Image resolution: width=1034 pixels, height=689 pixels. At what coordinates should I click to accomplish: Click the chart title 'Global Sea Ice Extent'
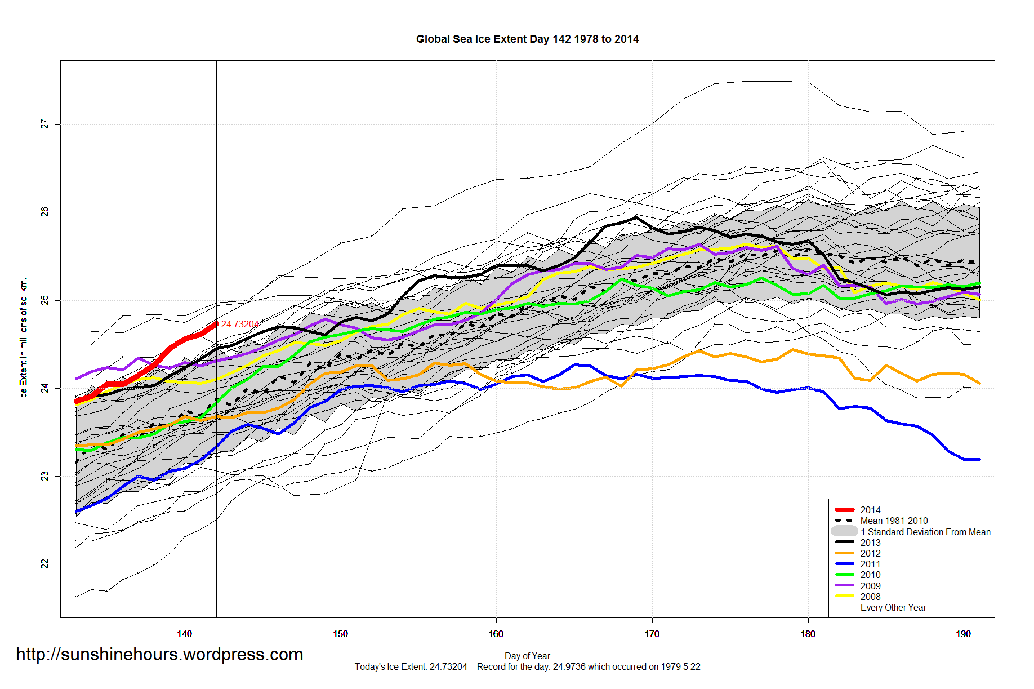pyautogui.click(x=527, y=39)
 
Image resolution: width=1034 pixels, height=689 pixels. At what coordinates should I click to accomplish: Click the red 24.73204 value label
pyautogui.click(x=240, y=324)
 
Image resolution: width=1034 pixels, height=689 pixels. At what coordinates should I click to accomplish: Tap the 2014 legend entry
pyautogui.click(x=870, y=510)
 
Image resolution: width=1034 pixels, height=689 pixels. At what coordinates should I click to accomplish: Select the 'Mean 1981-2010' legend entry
pyautogui.click(x=894, y=521)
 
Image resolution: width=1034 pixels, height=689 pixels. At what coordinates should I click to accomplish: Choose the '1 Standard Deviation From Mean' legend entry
pyautogui.click(x=925, y=532)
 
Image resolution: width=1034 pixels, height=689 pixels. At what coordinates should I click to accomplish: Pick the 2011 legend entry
pyautogui.click(x=870, y=564)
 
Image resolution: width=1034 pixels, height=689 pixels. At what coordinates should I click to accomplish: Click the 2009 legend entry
pyautogui.click(x=870, y=586)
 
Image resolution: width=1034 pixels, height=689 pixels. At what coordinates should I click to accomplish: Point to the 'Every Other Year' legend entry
pyautogui.click(x=893, y=607)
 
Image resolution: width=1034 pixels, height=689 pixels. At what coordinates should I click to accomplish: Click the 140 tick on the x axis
pyautogui.click(x=185, y=634)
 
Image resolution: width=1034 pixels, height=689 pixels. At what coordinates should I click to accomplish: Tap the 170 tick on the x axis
pyautogui.click(x=652, y=634)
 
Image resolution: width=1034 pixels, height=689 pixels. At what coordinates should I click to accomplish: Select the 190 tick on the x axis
pyautogui.click(x=963, y=634)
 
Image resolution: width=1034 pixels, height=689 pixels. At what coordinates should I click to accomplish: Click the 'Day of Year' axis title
pyautogui.click(x=527, y=656)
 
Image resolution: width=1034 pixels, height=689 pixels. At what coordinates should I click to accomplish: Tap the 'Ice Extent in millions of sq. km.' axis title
pyautogui.click(x=24, y=339)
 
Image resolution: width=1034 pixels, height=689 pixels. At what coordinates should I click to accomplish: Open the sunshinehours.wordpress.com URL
pyautogui.click(x=159, y=654)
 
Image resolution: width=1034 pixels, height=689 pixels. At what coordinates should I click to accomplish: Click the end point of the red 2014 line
pyautogui.click(x=216, y=323)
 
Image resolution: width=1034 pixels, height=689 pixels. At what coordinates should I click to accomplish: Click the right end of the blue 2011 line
pyautogui.click(x=979, y=459)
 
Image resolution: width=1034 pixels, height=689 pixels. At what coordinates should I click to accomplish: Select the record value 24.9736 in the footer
pyautogui.click(x=569, y=667)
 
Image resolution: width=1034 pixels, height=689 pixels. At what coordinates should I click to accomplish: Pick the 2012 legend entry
pyautogui.click(x=870, y=553)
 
